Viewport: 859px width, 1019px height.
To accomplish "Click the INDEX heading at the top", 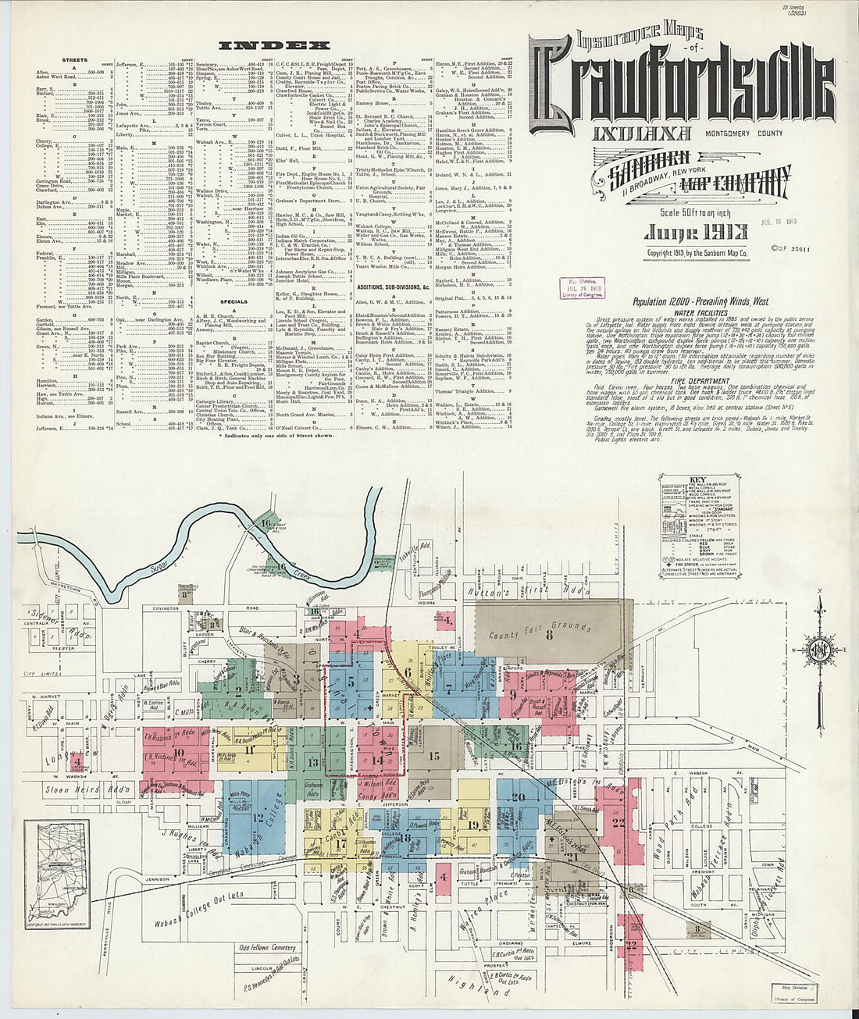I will [263, 46].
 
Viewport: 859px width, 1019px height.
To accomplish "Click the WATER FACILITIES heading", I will [696, 312].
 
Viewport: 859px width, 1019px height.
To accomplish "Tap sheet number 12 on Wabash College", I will [258, 818].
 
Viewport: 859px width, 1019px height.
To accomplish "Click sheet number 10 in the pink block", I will [180, 754].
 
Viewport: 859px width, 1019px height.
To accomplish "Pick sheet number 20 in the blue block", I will [518, 797].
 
